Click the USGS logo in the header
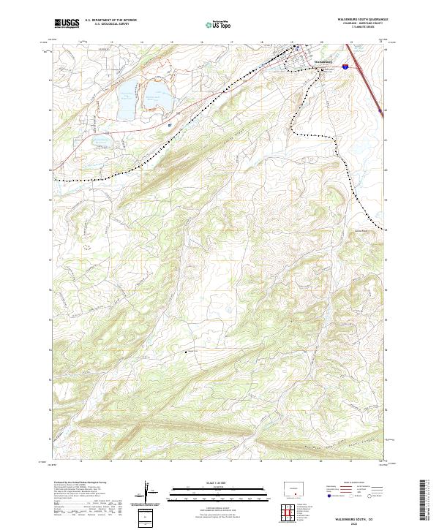[x=67, y=24]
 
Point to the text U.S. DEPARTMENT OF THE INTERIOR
[x=111, y=20]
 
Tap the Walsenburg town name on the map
[x=323, y=61]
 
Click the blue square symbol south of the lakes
[x=170, y=125]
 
